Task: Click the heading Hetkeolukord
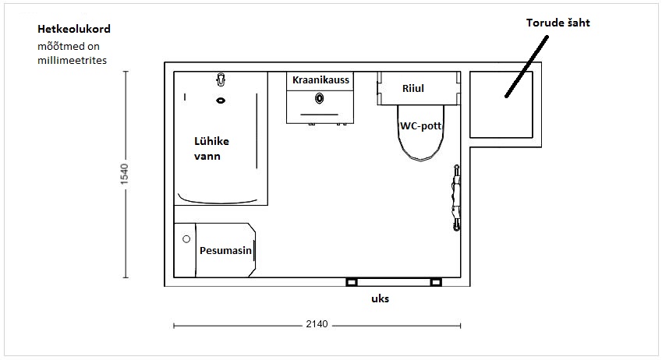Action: click(74, 29)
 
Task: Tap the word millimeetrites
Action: click(73, 60)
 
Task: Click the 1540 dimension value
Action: click(124, 174)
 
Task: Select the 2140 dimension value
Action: click(317, 323)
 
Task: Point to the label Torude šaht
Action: click(558, 23)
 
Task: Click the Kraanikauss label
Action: click(320, 79)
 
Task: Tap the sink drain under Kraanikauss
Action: click(320, 99)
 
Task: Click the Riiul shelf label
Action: click(413, 89)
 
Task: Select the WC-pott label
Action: click(420, 125)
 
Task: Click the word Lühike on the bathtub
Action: click(211, 141)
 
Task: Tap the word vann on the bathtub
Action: click(207, 156)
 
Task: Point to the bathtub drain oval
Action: click(221, 101)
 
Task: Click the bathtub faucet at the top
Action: click(221, 79)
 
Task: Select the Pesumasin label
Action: click(225, 251)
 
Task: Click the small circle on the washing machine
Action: click(186, 239)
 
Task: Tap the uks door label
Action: click(380, 298)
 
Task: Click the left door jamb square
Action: click(351, 282)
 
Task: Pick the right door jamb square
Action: click(436, 282)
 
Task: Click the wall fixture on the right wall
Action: click(456, 197)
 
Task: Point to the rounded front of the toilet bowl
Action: click(421, 160)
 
